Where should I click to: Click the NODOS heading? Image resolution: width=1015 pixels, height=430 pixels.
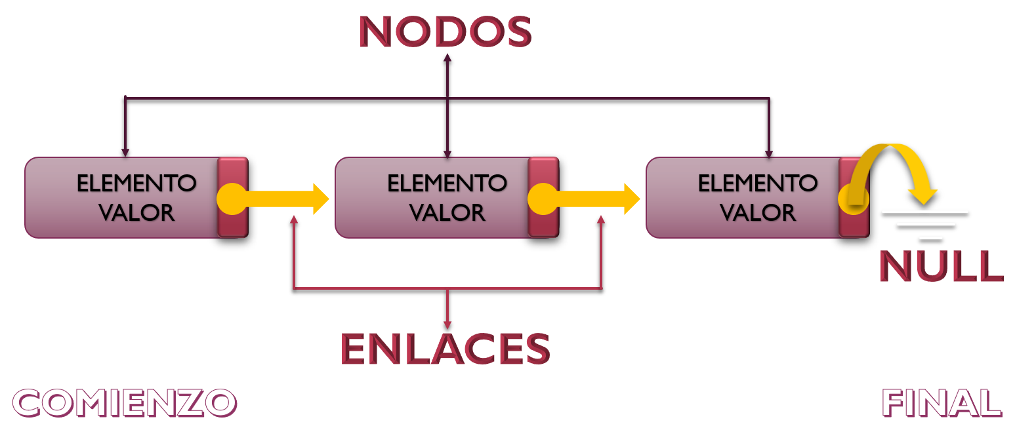click(x=445, y=31)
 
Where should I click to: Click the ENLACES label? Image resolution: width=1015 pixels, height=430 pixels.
click(x=445, y=349)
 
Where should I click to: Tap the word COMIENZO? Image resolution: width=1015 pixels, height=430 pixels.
click(x=124, y=402)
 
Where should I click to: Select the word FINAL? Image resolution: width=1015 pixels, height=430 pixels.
click(x=941, y=402)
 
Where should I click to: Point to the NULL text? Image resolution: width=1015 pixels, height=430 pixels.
click(x=941, y=266)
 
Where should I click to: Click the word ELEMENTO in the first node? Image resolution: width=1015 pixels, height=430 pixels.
click(x=136, y=183)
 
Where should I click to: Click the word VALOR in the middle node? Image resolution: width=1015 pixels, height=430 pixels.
click(x=447, y=212)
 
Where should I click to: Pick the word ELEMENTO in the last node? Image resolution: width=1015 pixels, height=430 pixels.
click(x=757, y=183)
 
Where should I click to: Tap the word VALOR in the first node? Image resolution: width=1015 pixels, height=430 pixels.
click(x=136, y=212)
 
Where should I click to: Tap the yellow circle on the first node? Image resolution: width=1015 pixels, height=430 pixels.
click(x=232, y=199)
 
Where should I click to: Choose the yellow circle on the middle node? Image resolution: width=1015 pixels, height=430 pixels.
click(x=543, y=199)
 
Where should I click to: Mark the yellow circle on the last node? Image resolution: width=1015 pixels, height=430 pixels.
click(x=854, y=199)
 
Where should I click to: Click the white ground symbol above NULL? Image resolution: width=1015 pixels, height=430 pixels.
click(x=925, y=224)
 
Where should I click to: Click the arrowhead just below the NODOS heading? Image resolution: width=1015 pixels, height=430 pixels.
click(x=447, y=58)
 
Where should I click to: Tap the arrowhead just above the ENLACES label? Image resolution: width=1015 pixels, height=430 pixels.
click(x=447, y=324)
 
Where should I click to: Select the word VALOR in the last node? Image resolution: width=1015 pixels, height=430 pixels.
click(x=757, y=212)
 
